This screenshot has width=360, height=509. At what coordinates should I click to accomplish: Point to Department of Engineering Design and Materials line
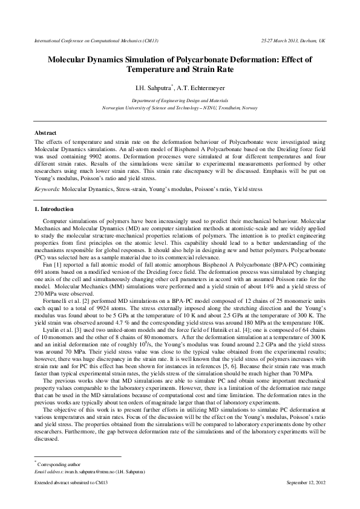click(180, 102)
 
